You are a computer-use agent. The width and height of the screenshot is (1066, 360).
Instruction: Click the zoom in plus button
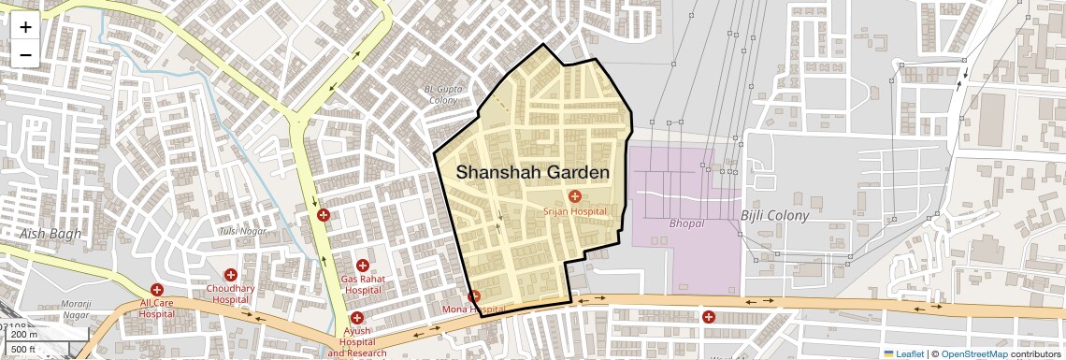tap(25, 26)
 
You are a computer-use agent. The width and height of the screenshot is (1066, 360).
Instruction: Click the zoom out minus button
tap(25, 54)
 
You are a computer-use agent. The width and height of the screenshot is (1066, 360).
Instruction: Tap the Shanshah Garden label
tap(533, 173)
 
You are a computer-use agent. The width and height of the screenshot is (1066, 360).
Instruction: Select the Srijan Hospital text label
tap(575, 211)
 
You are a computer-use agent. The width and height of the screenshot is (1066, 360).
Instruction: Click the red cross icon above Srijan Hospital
tap(574, 196)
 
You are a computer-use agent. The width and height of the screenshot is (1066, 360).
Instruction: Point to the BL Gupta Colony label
tap(443, 94)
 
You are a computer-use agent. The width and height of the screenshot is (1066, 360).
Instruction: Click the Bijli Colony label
tap(774, 216)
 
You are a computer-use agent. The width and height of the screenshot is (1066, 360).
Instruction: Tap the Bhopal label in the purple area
tap(686, 224)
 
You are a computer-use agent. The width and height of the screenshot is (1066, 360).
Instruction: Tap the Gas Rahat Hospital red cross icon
tap(362, 266)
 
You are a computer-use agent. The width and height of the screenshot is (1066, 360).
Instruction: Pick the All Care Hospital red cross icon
tap(157, 290)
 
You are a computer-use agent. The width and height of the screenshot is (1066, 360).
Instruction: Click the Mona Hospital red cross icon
tap(474, 296)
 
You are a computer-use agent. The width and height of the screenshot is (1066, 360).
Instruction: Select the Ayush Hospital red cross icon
tap(357, 318)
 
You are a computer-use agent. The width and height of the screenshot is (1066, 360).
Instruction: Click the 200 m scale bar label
tap(24, 335)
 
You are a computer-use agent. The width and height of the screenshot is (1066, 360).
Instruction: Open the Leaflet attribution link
tap(903, 353)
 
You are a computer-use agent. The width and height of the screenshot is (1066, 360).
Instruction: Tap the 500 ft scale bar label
tap(23, 350)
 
